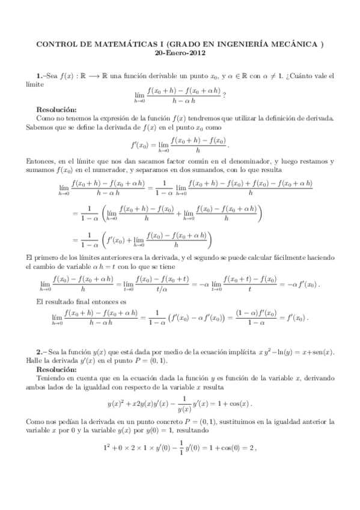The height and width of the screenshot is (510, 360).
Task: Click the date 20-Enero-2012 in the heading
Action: (x=180, y=52)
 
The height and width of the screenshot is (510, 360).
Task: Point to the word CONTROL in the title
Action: (x=58, y=44)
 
